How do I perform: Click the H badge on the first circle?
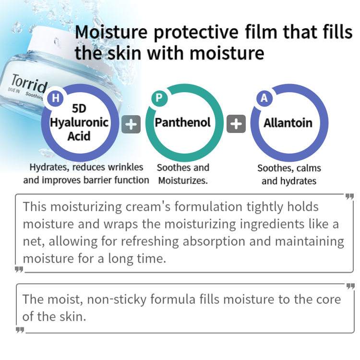[x=55, y=98]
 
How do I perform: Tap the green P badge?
[x=159, y=98]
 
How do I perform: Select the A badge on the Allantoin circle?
[x=264, y=98]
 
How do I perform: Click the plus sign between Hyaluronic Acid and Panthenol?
[x=131, y=124]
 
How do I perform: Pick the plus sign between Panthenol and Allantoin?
[x=236, y=124]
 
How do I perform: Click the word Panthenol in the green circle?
[x=182, y=122]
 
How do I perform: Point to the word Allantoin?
[x=288, y=123]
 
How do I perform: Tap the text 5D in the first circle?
[x=79, y=108]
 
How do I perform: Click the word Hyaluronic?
[x=79, y=122]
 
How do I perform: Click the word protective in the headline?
[x=196, y=32]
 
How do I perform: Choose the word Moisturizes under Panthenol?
[x=183, y=180]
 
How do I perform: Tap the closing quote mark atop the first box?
[x=349, y=196]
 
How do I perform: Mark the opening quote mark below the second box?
[x=20, y=330]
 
